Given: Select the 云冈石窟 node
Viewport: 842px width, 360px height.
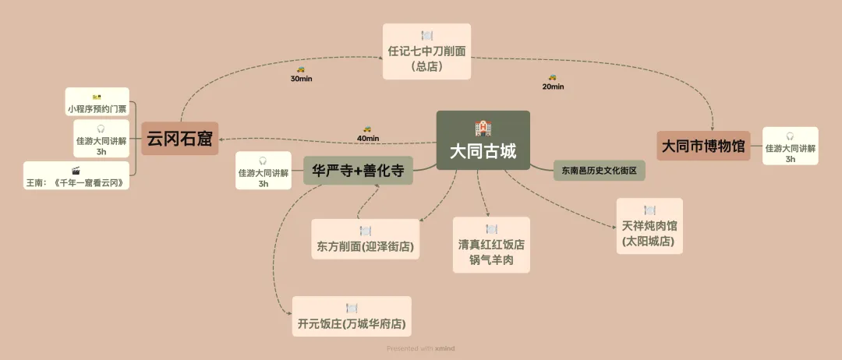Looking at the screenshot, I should [179, 139].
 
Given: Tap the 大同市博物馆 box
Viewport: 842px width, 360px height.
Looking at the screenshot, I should [703, 146].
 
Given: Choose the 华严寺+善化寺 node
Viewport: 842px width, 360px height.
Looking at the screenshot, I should [358, 171].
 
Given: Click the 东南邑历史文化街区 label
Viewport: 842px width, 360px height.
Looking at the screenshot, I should [600, 169].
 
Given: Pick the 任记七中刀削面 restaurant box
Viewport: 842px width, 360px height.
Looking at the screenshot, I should [426, 51].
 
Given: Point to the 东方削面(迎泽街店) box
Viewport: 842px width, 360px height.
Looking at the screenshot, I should [365, 240].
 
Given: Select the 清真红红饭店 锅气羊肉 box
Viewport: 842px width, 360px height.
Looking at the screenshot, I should [491, 245].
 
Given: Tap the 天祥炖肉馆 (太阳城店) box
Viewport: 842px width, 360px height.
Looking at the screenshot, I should [649, 226].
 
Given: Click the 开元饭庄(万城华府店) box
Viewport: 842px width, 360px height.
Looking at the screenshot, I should [352, 316].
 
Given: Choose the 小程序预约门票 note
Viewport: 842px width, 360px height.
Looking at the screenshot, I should [97, 103].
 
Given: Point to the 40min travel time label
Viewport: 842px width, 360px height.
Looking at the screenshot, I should [367, 138].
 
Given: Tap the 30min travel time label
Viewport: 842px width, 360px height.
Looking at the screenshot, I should [301, 79].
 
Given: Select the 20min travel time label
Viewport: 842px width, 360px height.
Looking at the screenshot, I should [553, 86].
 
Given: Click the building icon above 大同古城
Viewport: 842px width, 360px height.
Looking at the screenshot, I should [483, 128].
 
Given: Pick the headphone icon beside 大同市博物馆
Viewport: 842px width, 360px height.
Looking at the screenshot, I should [790, 136].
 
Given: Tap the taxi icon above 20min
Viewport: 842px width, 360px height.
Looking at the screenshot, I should [552, 77].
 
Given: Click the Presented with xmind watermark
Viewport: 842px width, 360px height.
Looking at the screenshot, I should [421, 348].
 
